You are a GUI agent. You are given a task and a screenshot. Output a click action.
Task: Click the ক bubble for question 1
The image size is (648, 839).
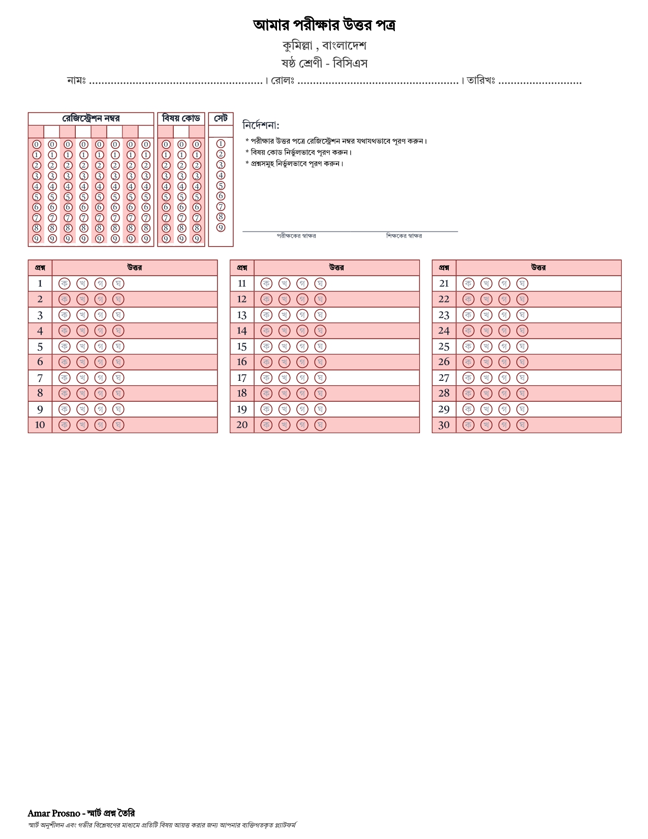[x=65, y=283]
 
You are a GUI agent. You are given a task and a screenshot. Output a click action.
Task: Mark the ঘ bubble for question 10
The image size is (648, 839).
[x=118, y=425]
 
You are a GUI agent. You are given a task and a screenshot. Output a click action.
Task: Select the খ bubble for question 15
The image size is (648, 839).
[x=284, y=346]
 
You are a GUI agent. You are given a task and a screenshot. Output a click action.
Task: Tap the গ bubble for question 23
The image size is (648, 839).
[x=504, y=315]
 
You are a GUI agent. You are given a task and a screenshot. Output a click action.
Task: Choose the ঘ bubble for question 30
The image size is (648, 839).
[x=522, y=425]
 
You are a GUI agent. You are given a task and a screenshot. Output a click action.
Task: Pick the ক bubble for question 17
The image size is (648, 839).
[x=266, y=378]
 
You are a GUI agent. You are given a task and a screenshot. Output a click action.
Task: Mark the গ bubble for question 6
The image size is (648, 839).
[x=100, y=362]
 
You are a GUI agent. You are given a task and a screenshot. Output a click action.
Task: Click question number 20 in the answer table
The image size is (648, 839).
[x=242, y=425]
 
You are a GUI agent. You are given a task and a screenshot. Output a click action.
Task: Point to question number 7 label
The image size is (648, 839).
[x=40, y=378]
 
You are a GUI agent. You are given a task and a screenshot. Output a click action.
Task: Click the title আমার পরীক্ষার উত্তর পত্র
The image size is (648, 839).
[x=324, y=25]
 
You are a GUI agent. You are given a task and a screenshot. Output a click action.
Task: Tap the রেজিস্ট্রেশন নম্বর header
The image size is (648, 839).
[x=91, y=118]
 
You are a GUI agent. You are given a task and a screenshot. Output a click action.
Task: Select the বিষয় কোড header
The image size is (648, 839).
[x=181, y=118]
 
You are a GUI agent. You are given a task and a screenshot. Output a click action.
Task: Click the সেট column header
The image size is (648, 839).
[x=221, y=118]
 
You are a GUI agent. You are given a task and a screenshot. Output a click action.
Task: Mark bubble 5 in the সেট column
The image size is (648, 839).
[x=221, y=186]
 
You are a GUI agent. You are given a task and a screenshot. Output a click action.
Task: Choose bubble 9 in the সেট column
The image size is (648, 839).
[x=221, y=227]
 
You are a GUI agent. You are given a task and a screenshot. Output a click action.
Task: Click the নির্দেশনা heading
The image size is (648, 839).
[x=261, y=125]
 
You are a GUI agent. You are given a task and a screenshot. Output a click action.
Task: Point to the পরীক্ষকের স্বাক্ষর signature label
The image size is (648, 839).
[x=296, y=236]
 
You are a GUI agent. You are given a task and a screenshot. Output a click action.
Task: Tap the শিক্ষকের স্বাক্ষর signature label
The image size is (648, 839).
[x=404, y=236]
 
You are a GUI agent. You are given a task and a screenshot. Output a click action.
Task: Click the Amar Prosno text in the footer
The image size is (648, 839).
[x=54, y=813]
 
